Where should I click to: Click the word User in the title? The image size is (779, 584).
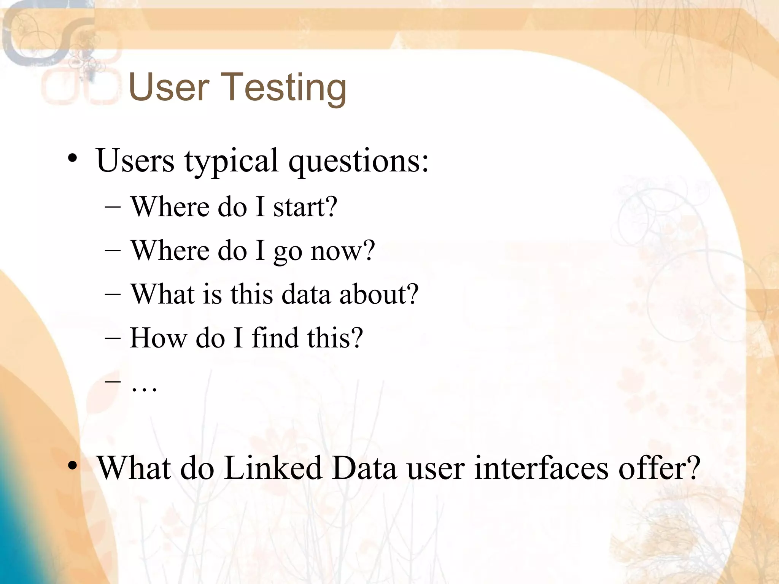coord(169,87)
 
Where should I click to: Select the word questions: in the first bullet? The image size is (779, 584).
coord(358,162)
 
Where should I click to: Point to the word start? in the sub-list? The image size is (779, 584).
coord(305,207)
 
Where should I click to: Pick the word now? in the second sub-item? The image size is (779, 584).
coord(343,251)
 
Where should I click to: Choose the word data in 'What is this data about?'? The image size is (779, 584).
coord(306,294)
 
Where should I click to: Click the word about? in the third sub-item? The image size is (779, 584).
coord(379,294)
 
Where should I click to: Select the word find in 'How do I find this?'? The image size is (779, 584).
coord(275,338)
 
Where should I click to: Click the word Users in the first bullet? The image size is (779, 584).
coord(135,160)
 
